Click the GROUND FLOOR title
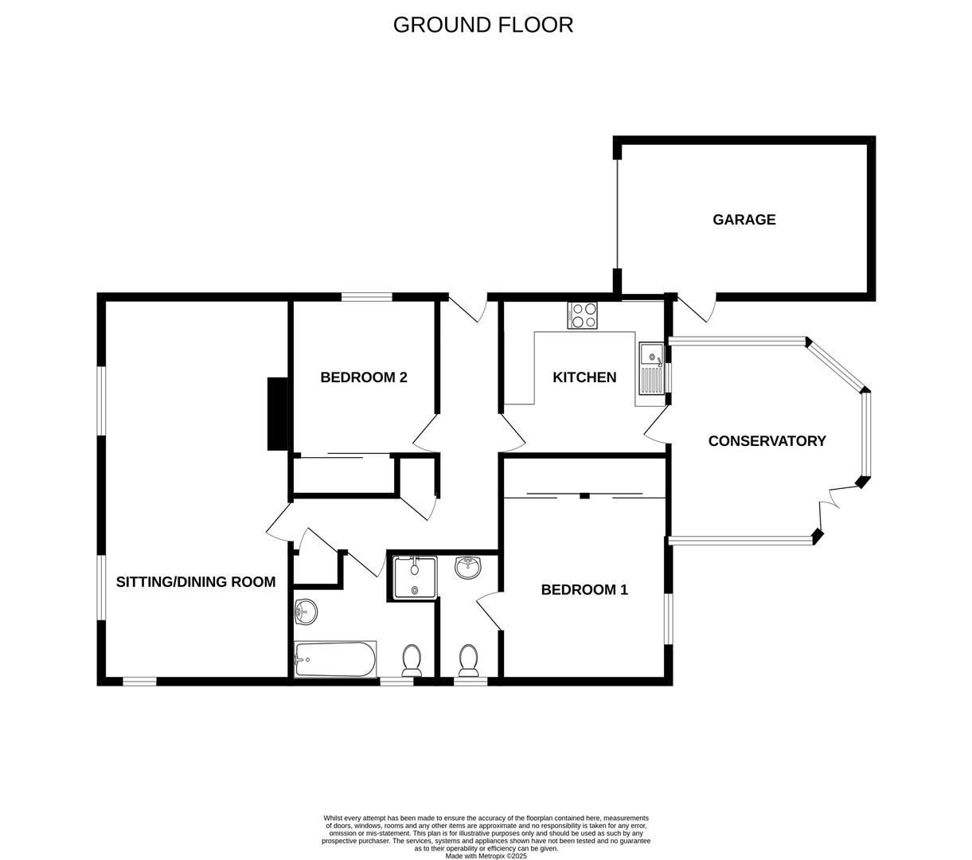(x=482, y=25)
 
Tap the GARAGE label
(x=744, y=220)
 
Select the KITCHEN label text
(x=584, y=377)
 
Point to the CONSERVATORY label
(x=767, y=441)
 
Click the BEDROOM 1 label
(x=584, y=590)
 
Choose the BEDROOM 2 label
(x=364, y=377)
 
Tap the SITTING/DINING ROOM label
(x=196, y=582)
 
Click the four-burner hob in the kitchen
(x=582, y=315)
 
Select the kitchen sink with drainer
(x=650, y=369)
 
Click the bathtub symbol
(x=334, y=659)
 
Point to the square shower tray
(x=414, y=577)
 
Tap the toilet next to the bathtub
(x=412, y=660)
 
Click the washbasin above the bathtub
(x=305, y=612)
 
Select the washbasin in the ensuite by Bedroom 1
(x=468, y=567)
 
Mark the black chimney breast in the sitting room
(x=277, y=413)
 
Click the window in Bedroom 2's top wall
(x=367, y=298)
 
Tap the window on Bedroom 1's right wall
(x=668, y=618)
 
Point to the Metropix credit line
(x=486, y=856)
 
